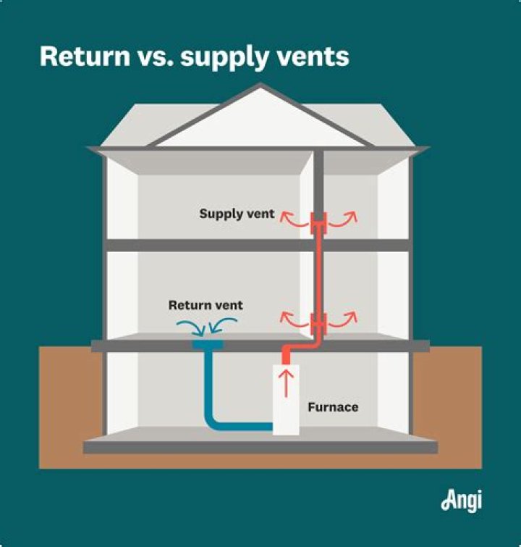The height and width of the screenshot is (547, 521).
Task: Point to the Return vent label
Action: coord(206,305)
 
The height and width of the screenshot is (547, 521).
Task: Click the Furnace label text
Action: coord(333,407)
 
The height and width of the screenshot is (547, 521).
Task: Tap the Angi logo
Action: coord(461,501)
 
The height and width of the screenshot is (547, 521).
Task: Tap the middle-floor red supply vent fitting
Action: coord(318,320)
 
